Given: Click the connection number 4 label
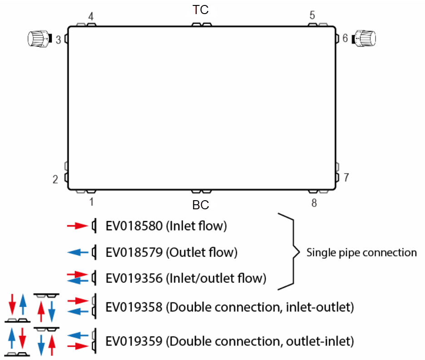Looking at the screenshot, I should pos(91,16).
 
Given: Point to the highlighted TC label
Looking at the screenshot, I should pos(201,10).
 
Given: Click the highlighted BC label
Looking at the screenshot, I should pos(201,205).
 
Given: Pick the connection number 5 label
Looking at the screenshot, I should pos(312,15).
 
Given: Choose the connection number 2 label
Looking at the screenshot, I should pos(55,179).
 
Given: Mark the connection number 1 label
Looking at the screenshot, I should pos(91,202).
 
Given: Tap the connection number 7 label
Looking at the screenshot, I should pos(346,177).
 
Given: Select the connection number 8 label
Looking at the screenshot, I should pos(314,203).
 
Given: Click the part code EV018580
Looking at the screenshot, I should pos(134,226).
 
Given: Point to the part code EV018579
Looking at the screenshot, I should pos(134,252).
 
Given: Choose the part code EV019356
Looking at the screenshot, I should pos(134,278).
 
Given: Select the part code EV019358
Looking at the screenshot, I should pos(134,307).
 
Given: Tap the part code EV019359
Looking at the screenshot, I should pos(134,340).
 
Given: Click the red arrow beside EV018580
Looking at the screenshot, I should pos(77,226).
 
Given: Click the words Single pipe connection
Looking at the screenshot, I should pos(361,252).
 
